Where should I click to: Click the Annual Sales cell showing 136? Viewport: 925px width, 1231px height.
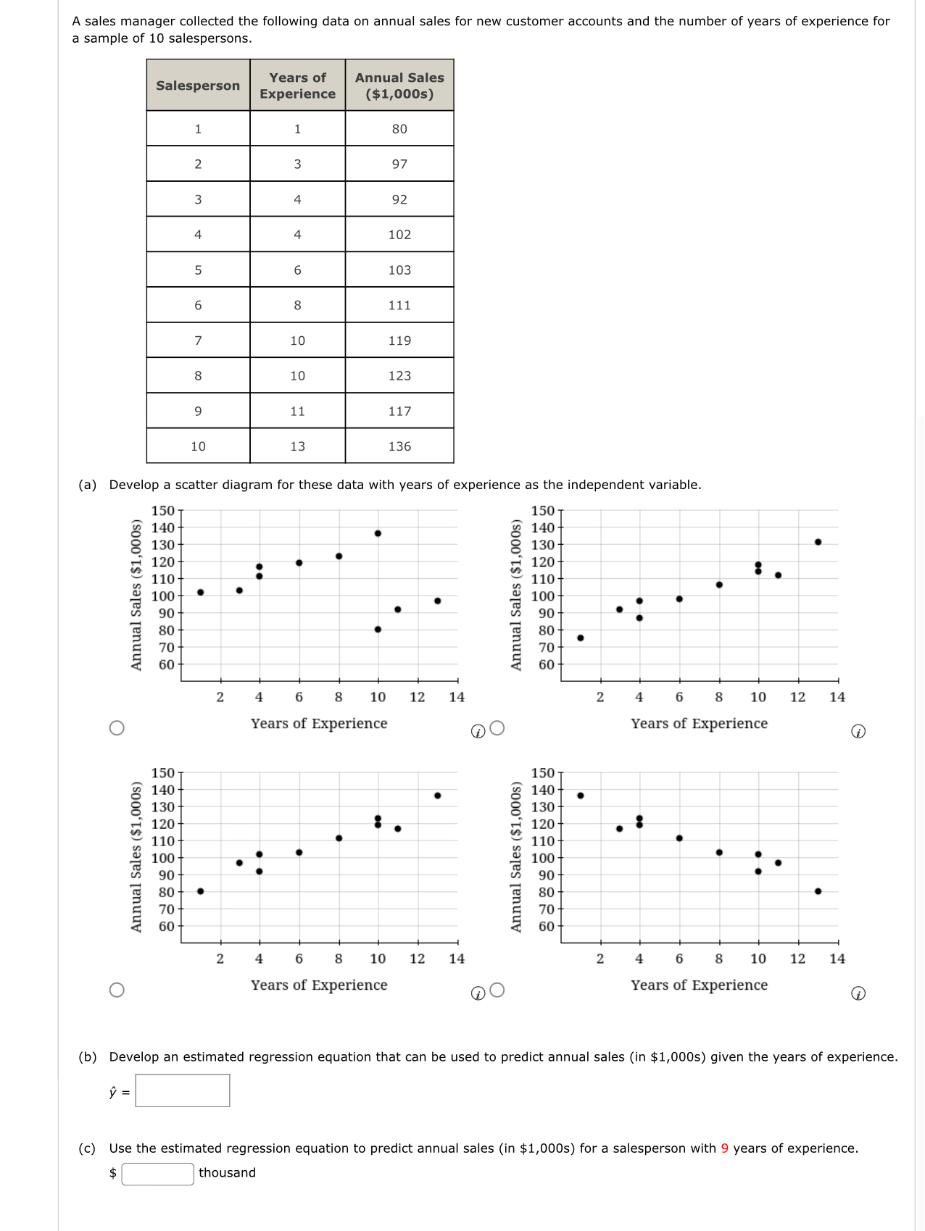pos(399,446)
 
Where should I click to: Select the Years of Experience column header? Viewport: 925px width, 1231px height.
pos(297,85)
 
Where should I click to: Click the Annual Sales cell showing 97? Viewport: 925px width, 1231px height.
pos(399,164)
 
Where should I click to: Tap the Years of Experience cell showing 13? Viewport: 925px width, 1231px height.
pos(297,446)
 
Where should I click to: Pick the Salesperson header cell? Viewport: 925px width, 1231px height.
pos(198,85)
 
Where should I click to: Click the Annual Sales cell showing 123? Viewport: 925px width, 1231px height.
pos(399,376)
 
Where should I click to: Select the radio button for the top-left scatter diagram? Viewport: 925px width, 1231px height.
pos(116,728)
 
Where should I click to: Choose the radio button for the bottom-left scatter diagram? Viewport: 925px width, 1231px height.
pos(116,990)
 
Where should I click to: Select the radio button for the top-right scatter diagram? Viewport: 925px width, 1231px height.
pos(497,728)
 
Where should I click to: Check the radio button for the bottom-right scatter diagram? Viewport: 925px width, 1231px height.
pos(497,990)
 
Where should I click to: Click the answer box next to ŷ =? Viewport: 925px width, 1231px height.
pos(183,1090)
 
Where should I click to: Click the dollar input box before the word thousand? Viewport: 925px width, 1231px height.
pos(157,1173)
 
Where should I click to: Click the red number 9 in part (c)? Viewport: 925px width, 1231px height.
pos(724,1148)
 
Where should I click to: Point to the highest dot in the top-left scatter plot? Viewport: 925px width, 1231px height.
pos(378,533)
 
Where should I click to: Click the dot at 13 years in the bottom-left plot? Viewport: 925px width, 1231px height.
pos(437,796)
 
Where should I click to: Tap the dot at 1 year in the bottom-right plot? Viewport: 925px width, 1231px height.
pos(580,796)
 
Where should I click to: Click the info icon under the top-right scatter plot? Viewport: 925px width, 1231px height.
pos(858,732)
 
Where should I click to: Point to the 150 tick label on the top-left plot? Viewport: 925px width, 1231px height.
pos(162,511)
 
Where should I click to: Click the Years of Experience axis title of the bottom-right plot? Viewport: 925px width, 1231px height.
pos(699,985)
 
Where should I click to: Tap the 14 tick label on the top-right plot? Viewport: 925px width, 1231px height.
pos(837,697)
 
